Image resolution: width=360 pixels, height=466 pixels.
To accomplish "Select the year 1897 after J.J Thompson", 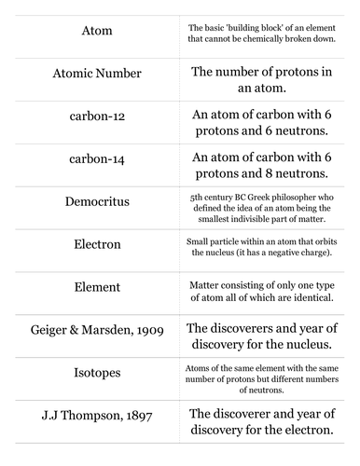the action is click(x=136, y=415).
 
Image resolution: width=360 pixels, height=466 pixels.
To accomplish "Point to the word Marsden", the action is click(x=103, y=329).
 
